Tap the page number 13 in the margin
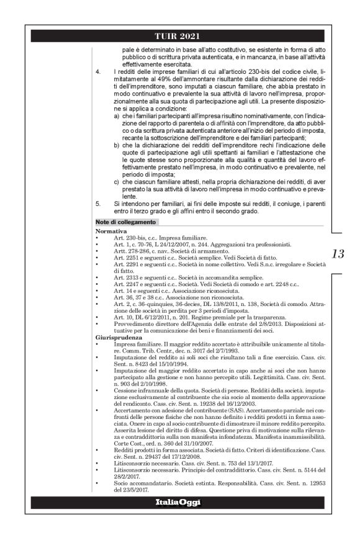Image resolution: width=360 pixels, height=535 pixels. pos(338,253)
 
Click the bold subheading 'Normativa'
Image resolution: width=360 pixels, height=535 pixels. pos(110,230)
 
